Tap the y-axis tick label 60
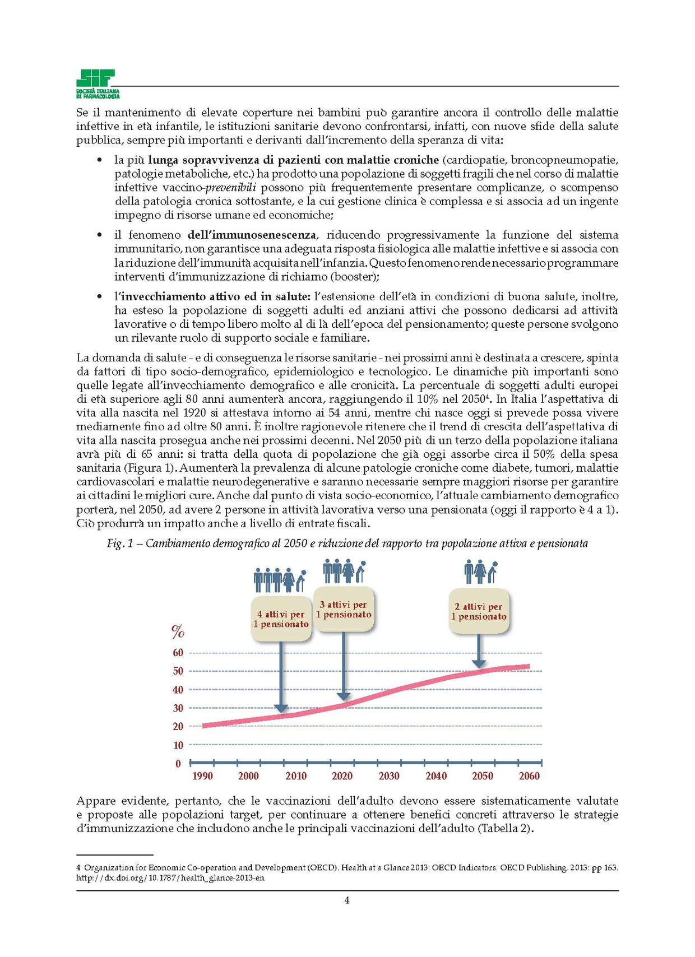coord(178,652)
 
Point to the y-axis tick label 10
coord(178,745)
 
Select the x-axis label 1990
coord(202,776)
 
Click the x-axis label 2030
coord(389,776)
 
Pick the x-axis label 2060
coord(529,776)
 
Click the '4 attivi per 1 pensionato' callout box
coord(281,619)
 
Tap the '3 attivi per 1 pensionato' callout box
coord(344,610)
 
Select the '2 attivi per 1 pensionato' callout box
coord(479,611)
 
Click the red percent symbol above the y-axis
coord(178,633)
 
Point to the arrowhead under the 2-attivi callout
coord(479,663)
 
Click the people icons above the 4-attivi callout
coord(280,580)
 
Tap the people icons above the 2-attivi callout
coord(481,572)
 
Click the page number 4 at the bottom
coord(347,900)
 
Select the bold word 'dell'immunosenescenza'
coord(252,235)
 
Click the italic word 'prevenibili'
coord(230,187)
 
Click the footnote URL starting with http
coord(170,878)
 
